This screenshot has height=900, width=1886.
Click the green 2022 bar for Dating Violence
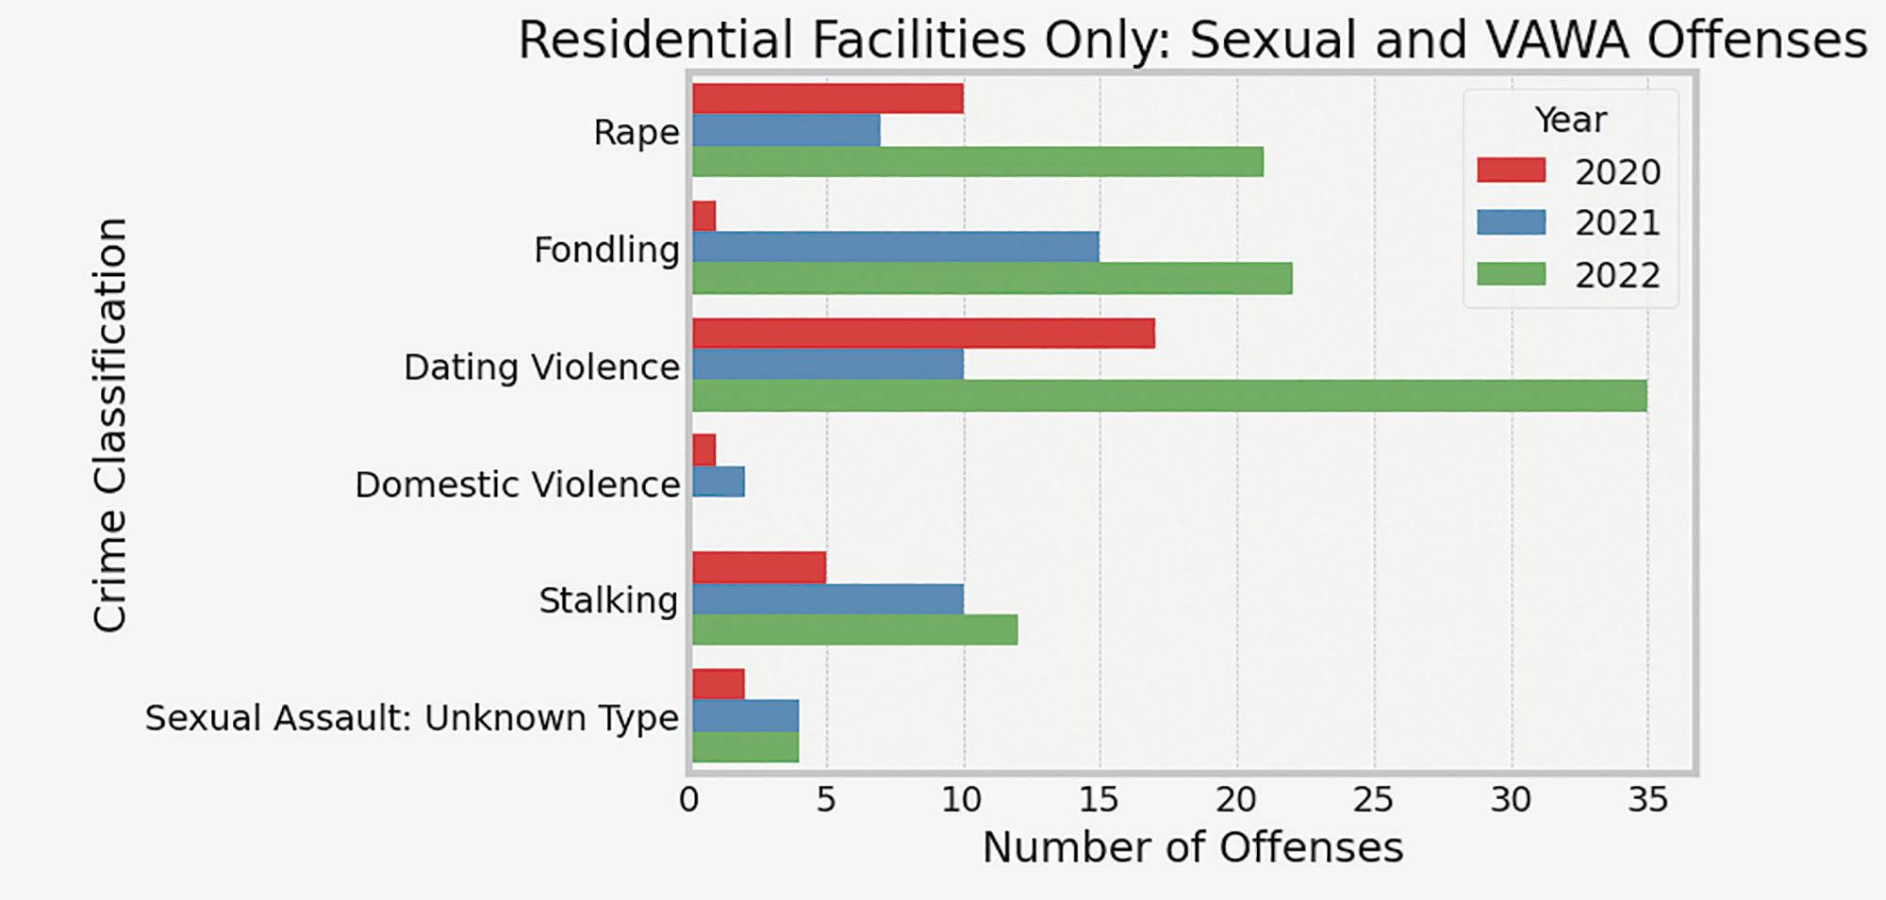pos(1169,396)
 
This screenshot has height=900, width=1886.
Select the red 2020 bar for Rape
pos(828,98)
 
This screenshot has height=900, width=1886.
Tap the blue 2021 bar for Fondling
pos(896,247)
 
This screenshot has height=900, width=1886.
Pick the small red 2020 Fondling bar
pos(704,216)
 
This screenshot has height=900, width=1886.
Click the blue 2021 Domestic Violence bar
pos(719,482)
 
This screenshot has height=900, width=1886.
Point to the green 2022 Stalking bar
pos(855,630)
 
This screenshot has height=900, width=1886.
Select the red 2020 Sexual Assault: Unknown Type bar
pos(719,684)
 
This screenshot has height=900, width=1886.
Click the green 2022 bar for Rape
pos(978,161)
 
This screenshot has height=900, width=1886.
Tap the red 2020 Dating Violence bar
pos(923,334)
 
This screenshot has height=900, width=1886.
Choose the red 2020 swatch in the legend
pos(1512,171)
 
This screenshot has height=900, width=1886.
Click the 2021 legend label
pos(1617,223)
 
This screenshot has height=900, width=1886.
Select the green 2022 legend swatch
pos(1512,274)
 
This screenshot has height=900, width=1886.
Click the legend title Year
pos(1570,120)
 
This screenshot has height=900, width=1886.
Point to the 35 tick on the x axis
pos(1647,800)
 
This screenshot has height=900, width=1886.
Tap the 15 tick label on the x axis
pos(1098,800)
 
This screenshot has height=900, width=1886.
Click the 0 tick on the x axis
pos(689,800)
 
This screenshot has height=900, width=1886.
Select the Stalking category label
pos(608,600)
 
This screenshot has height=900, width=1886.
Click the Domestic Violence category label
pos(517,484)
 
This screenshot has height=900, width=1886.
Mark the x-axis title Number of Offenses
pos(1193,847)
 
